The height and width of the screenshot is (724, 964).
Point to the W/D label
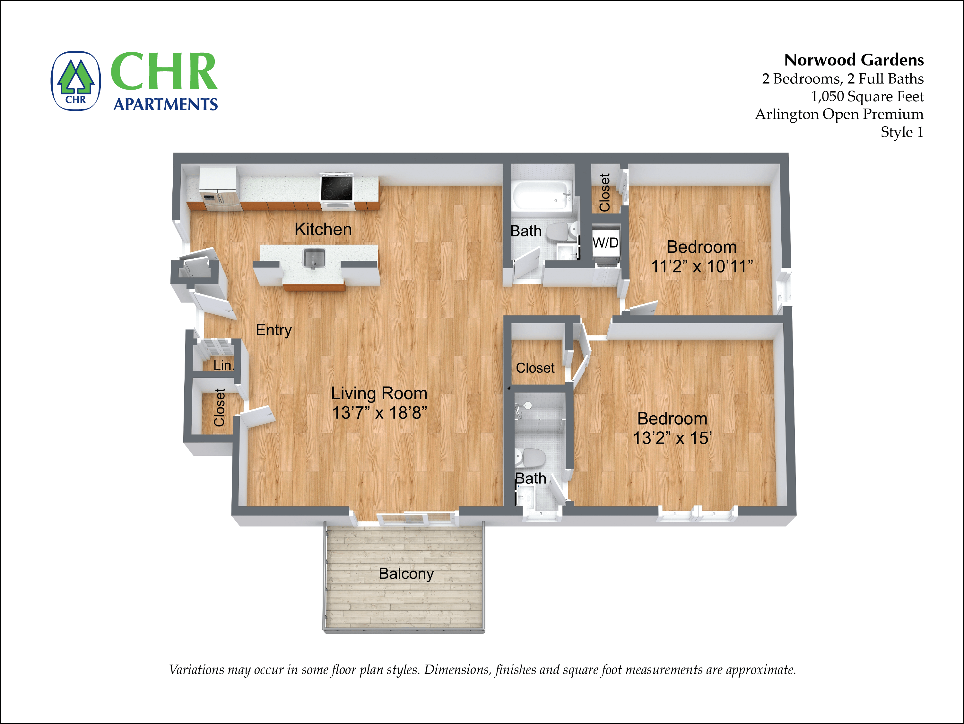pos(605,243)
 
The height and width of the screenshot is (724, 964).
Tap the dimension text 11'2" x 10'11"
pos(702,266)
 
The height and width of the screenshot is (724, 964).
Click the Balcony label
pos(406,574)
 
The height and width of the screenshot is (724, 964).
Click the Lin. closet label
pos(223,365)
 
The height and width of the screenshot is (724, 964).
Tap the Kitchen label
pos(323,229)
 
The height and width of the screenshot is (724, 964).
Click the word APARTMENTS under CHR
pos(165,104)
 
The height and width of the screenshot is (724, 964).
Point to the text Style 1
pos(901,132)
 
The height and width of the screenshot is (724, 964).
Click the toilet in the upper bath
pos(560,232)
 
